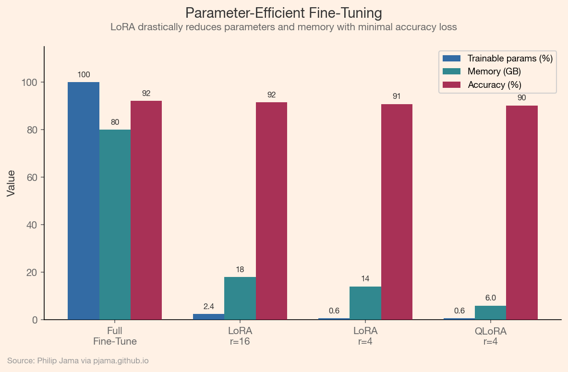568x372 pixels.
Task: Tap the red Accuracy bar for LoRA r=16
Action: coord(271,211)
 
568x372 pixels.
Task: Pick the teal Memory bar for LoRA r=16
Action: coord(240,298)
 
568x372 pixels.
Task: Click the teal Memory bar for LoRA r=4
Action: coord(365,303)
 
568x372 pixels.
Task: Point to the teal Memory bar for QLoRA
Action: coord(490,312)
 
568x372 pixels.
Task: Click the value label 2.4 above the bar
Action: coord(208,306)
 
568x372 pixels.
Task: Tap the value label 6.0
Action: coord(490,298)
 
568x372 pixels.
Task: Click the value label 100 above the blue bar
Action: coord(84,74)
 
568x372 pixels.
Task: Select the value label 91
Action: coord(396,96)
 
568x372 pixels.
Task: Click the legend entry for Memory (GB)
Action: coord(494,72)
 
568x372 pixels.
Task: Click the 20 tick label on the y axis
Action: coord(32,272)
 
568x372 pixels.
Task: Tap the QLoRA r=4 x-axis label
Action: coord(490,336)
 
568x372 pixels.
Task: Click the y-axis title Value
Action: coord(11,183)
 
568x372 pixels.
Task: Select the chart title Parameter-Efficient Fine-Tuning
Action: coord(283,12)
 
